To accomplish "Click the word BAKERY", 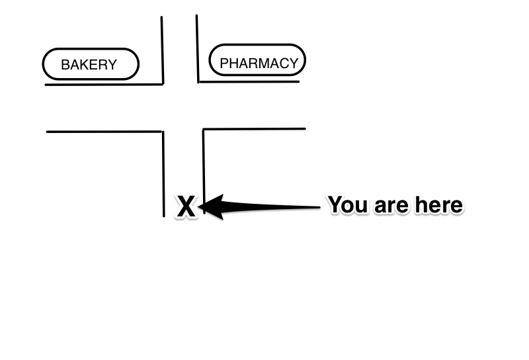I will pos(89,65).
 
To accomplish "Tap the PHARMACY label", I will pos(259,64).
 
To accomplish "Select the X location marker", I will pos(186,207).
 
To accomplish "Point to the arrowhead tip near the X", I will pos(200,207).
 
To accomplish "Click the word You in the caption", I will pos(348,204).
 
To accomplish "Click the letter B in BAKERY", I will pos(65,65).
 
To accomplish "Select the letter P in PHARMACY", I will pos(224,64).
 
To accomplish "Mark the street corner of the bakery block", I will pos(163,83).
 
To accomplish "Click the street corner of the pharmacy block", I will pos(198,82).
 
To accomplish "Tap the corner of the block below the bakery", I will pos(163,132).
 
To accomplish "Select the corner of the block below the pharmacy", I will pos(204,129).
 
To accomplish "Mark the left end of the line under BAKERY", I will pos(46,84).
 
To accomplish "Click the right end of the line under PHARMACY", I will pos(299,81).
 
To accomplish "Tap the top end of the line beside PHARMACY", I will pos(196,16).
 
